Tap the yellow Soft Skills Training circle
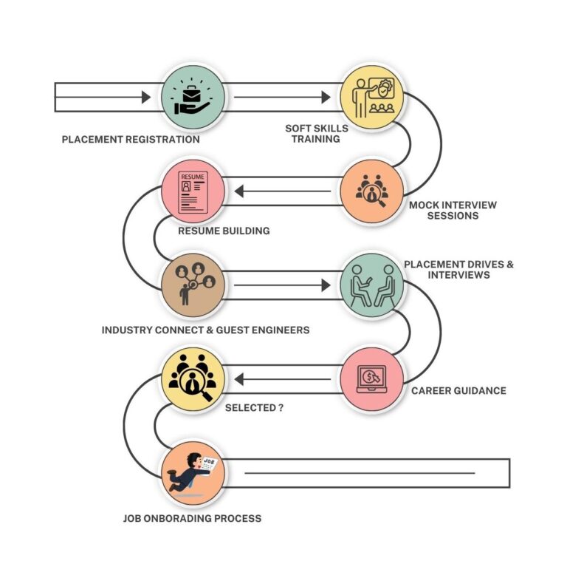click(372, 98)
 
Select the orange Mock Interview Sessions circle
click(372, 191)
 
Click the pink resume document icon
click(193, 192)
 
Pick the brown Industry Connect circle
click(193, 285)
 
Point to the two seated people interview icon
click(373, 286)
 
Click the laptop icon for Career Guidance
click(372, 379)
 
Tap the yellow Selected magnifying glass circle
click(193, 379)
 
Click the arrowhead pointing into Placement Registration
click(146, 98)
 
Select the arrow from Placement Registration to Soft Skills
click(282, 98)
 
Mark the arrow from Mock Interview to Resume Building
click(283, 191)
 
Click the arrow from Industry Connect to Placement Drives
click(282, 285)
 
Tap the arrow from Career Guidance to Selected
click(283, 379)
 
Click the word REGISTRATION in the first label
click(162, 140)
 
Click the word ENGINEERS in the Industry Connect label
click(281, 330)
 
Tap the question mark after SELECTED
click(281, 408)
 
